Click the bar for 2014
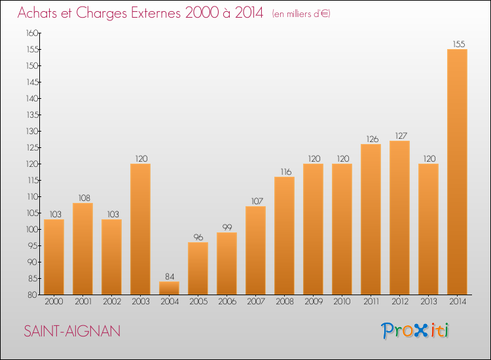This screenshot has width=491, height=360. pos(457,172)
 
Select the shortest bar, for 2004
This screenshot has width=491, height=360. pos(169,288)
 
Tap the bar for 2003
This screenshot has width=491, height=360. pos(140,229)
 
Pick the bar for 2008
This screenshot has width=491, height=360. pos(284,236)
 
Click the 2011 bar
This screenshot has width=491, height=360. pos(371,219)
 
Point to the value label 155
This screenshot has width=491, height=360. pos(459,44)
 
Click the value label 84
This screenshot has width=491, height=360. pos(170,276)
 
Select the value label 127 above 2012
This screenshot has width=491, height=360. pos(401,136)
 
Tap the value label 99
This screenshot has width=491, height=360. pos(227,227)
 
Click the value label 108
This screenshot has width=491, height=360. pos(84,198)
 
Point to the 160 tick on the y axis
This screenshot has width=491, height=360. pos(32,33)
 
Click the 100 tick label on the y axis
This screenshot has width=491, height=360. pos(32,230)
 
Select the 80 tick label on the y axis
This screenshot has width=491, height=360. pos(32,295)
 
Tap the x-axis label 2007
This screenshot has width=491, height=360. pos(256,302)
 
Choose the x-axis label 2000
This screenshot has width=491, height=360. pos(54,302)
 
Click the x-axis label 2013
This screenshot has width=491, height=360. pos(429,302)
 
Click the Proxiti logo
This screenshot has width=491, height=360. pos(415,331)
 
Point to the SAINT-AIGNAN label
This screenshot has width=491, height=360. pos(72,331)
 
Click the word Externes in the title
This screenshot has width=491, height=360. pos(156,13)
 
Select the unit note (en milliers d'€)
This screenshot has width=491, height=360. pos(301,14)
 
